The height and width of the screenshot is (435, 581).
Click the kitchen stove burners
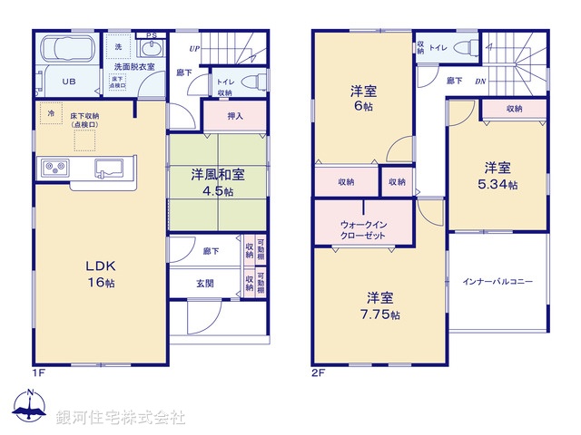[x=54, y=169]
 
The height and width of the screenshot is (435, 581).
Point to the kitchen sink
[x=111, y=168]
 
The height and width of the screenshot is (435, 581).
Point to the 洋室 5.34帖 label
[x=497, y=176]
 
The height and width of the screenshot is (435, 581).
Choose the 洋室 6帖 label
[x=364, y=98]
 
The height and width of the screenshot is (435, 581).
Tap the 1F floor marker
[x=40, y=372]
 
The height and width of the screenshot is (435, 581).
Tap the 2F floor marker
[x=318, y=372]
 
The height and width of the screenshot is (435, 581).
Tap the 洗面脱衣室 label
[x=133, y=67]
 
